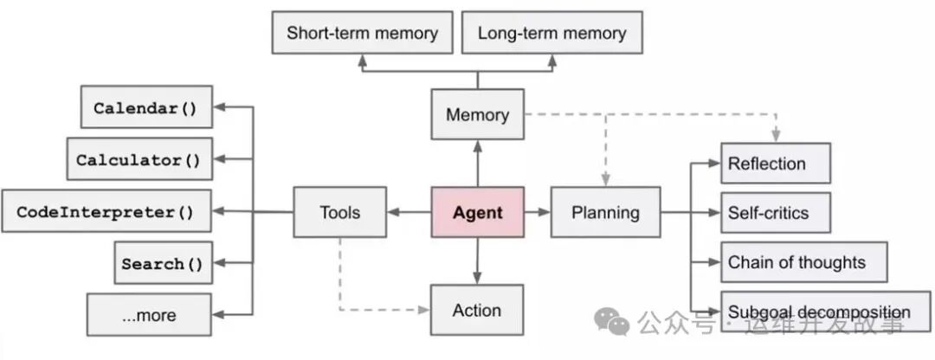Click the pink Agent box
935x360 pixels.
point(478,212)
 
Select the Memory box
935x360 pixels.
point(477,114)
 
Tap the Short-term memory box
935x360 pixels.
point(362,34)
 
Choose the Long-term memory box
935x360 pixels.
point(551,34)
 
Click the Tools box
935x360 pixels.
point(339,212)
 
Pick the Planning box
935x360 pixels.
point(605,212)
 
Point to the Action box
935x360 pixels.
point(477,310)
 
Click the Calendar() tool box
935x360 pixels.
point(145,108)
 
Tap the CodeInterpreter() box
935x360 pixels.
point(106,211)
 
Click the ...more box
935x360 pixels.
point(149,315)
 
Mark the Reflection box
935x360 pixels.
point(775,164)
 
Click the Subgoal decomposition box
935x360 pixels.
point(818,312)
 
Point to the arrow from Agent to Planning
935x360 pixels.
point(537,212)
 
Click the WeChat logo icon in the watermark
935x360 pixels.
point(617,324)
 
